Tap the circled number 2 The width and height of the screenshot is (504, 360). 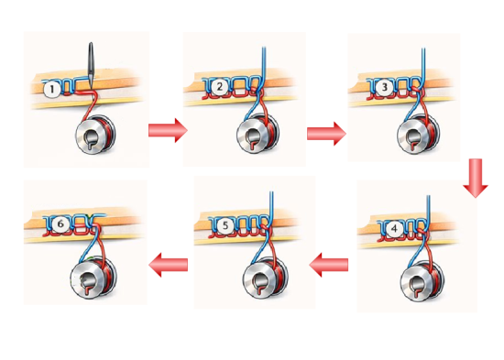[220, 87]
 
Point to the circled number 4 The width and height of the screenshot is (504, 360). [393, 229]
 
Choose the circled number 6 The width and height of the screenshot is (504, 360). [60, 223]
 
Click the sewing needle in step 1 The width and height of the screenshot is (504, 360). [91, 63]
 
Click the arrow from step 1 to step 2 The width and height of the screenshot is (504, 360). [167, 131]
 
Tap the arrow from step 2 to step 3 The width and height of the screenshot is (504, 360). [325, 134]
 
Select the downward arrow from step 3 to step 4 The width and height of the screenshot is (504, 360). [474, 178]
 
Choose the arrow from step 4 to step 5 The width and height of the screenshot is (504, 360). [329, 267]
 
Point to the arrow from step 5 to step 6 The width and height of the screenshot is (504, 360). [169, 266]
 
